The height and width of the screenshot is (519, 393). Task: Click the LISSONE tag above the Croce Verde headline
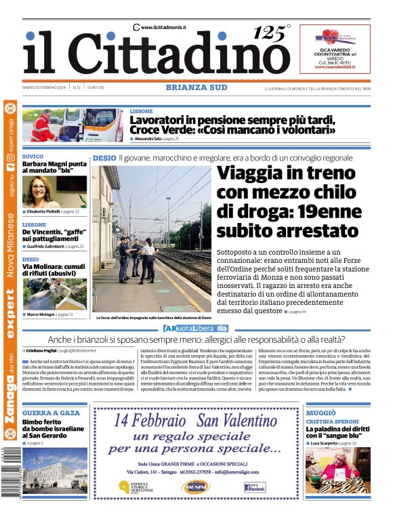pos(142,110)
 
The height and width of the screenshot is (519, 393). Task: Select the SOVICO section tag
pos(33,157)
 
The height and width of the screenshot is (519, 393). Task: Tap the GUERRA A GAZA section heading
pos(51,413)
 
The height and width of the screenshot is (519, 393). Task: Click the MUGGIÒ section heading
pos(320,413)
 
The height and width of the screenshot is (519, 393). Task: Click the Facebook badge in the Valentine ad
pos(255,486)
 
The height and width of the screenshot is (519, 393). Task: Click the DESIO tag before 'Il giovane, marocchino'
pos(104,158)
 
